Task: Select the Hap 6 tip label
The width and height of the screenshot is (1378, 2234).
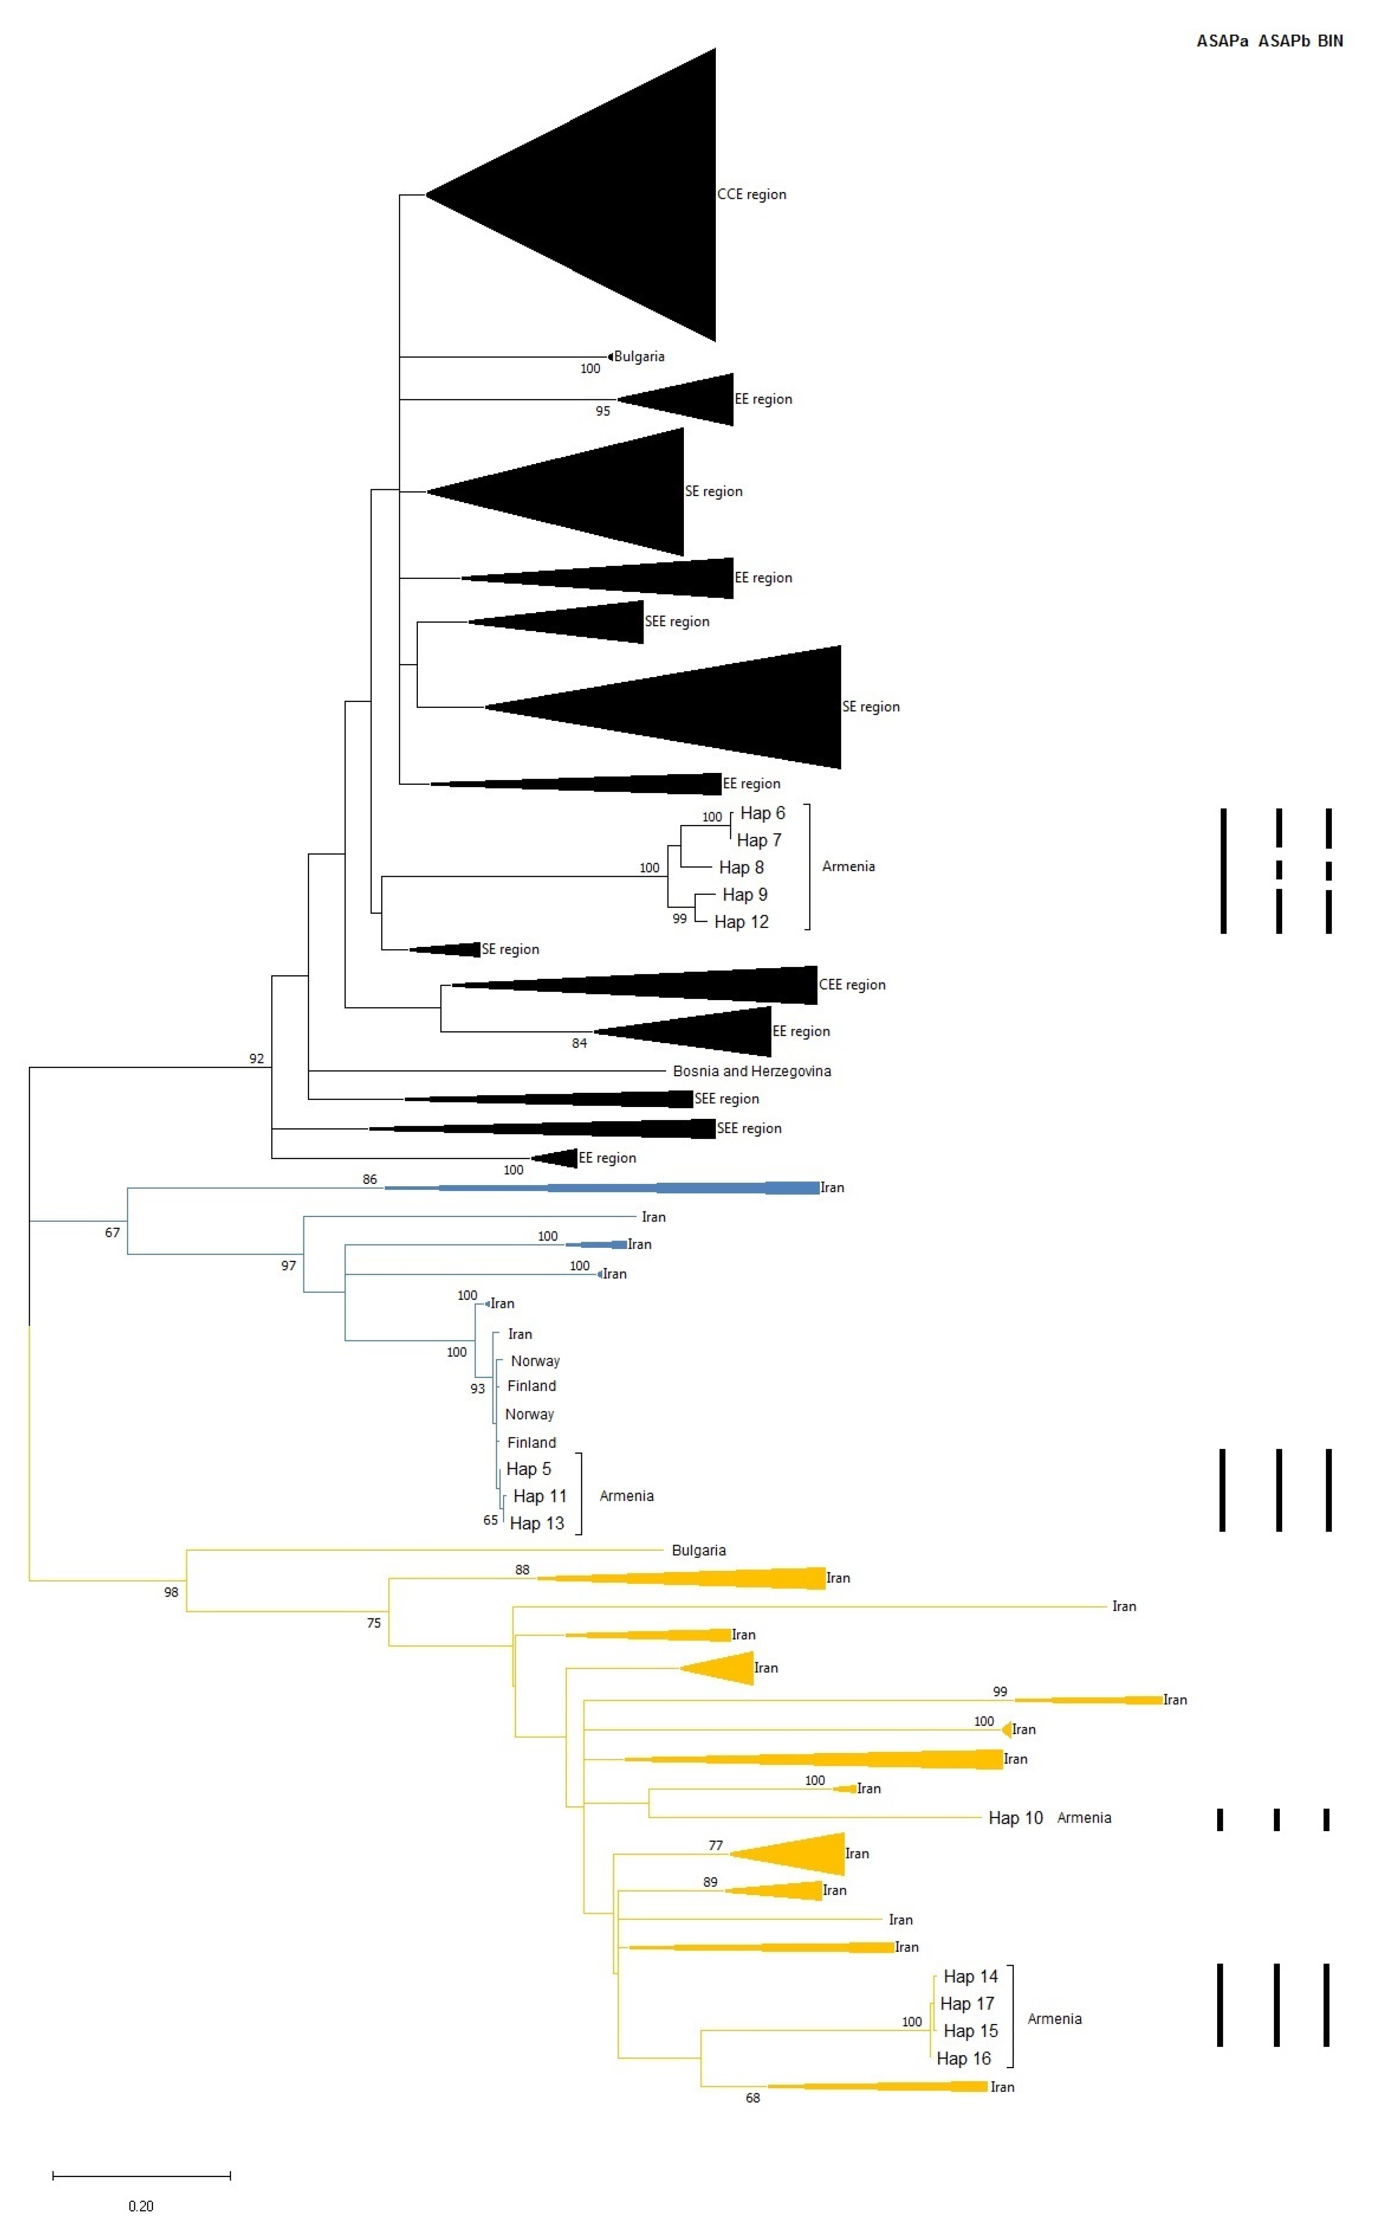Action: (x=762, y=813)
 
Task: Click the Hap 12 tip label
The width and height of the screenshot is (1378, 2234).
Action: (x=741, y=922)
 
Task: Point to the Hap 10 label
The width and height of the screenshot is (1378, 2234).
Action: (x=1015, y=1818)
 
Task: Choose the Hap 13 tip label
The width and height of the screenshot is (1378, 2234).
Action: (x=537, y=1523)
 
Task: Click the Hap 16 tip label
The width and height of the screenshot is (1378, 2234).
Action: (x=963, y=2058)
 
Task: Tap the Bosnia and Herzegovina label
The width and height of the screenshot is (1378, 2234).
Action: (x=752, y=1071)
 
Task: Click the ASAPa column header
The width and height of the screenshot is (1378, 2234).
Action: (x=1222, y=40)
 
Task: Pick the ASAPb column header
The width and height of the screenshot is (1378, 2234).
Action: (x=1283, y=40)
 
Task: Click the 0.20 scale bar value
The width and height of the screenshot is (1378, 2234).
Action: (x=141, y=2206)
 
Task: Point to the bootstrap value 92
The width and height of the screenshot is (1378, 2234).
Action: (x=256, y=1058)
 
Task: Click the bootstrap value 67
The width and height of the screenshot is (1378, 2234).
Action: (x=112, y=1232)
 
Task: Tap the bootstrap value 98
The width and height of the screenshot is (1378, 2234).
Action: (x=171, y=1592)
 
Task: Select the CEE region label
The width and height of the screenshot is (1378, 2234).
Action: (x=852, y=985)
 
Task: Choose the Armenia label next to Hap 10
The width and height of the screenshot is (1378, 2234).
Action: (x=1084, y=1818)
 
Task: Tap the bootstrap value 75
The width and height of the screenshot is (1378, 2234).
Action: (x=374, y=1622)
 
